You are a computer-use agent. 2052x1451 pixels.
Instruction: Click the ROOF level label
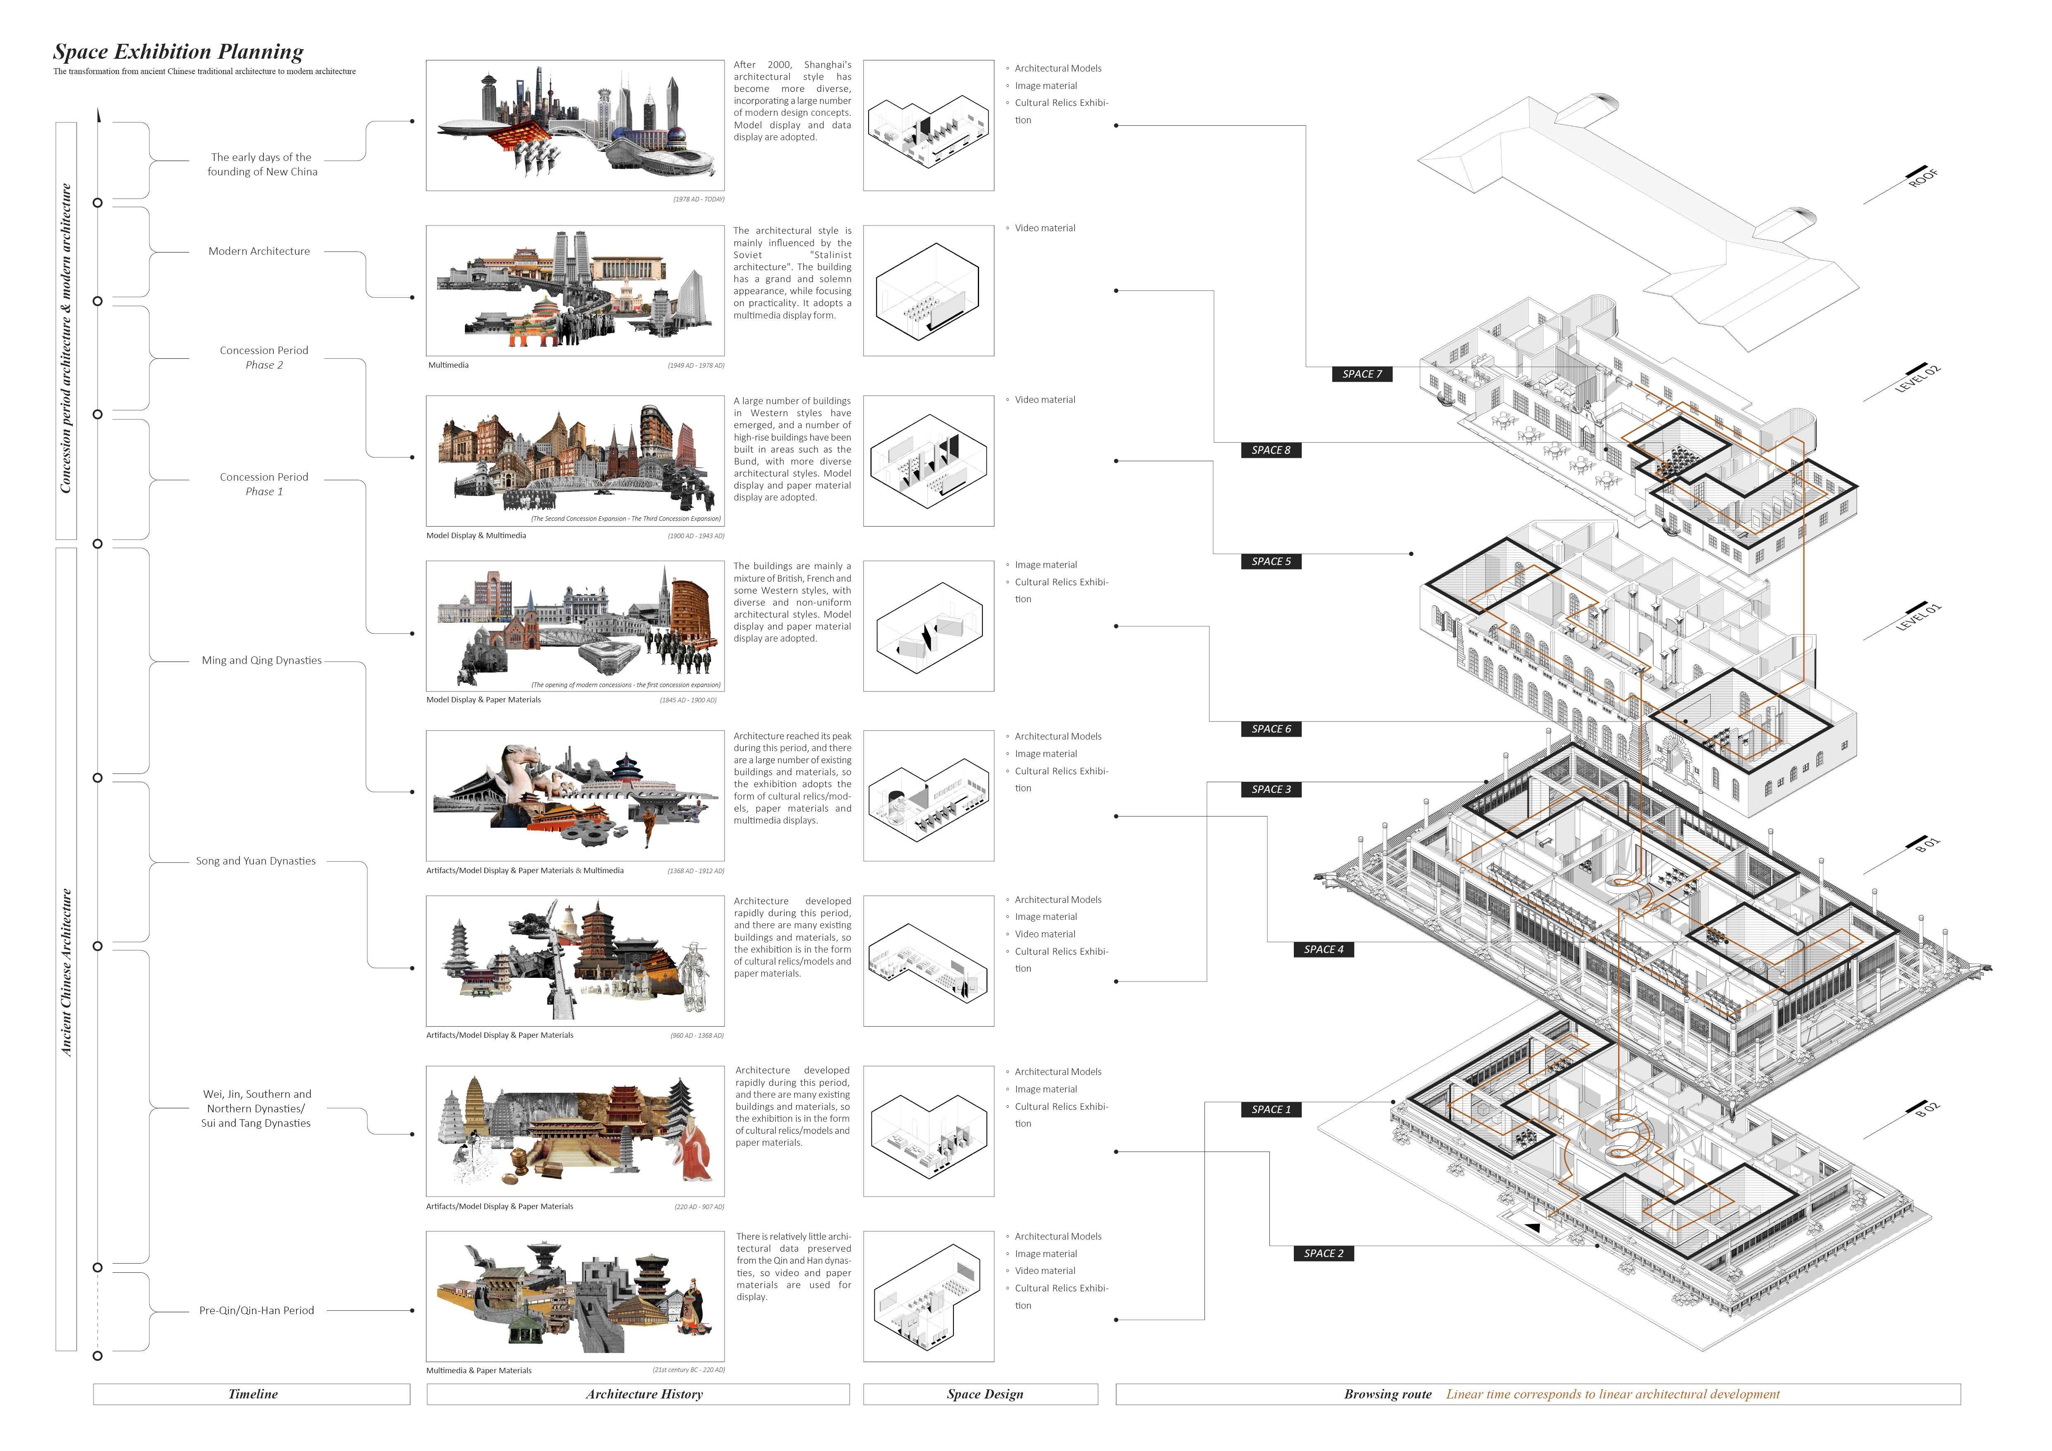1923,178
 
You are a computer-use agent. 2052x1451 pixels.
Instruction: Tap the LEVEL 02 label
1918,379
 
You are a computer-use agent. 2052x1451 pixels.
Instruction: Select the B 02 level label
1928,1109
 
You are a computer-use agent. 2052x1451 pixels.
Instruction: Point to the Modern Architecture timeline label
259,251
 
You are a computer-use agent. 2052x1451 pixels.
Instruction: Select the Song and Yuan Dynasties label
256,861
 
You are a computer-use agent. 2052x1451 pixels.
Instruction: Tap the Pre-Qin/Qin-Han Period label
256,1311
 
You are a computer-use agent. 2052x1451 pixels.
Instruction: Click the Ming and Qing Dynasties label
261,661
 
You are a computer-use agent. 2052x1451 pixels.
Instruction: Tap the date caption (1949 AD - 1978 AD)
695,365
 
